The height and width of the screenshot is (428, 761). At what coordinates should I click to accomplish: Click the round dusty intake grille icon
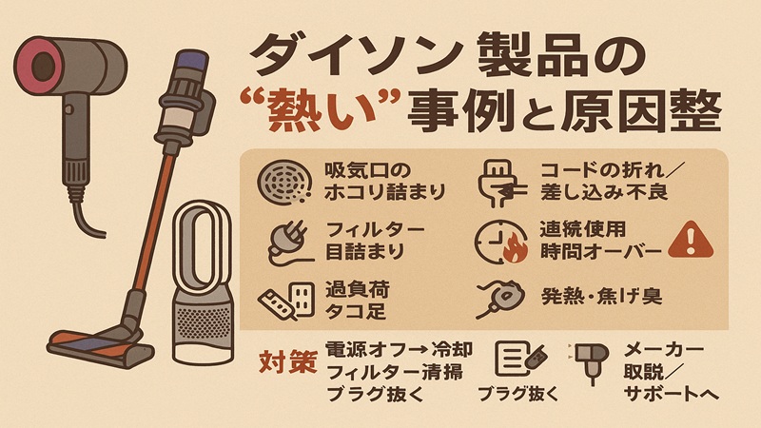pyautogui.click(x=285, y=181)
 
